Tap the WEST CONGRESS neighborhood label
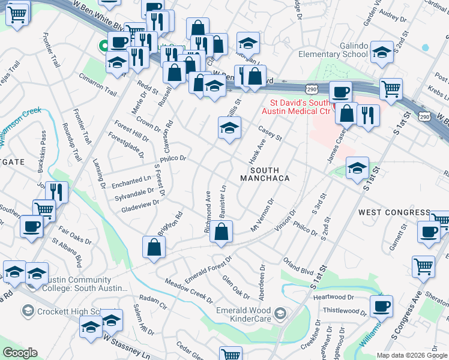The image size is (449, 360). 394,212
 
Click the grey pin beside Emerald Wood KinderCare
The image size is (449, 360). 280,313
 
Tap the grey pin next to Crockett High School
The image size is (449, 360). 28,310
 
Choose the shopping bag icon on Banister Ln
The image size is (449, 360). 221,232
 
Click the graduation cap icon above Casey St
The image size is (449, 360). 229,128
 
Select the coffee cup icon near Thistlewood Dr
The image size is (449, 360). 380,306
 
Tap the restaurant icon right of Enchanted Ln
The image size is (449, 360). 56,192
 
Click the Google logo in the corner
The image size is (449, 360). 20,353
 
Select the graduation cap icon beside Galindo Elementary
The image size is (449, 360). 382,52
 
